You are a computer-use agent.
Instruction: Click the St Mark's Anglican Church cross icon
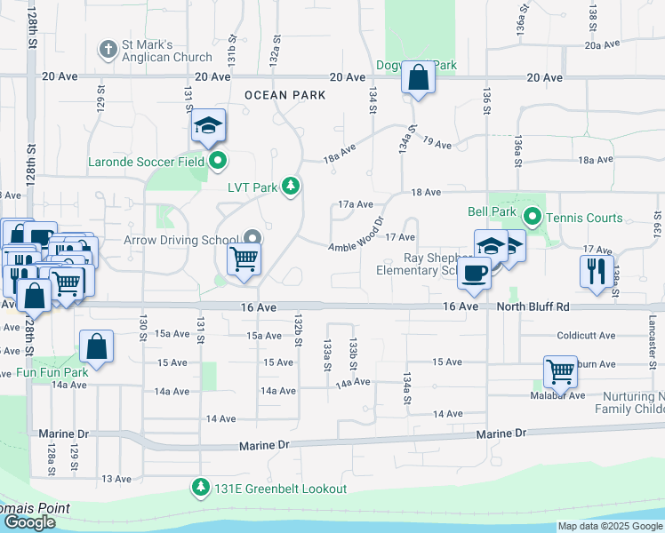point(107,48)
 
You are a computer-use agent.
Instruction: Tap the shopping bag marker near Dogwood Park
point(417,77)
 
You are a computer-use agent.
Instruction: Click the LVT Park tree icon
point(290,186)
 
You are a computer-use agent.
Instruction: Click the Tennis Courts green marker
point(533,216)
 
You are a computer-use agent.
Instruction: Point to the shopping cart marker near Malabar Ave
point(560,372)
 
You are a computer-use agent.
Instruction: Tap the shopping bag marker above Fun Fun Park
point(96,347)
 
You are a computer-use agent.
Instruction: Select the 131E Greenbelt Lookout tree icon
point(202,488)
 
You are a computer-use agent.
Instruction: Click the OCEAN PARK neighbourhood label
point(284,95)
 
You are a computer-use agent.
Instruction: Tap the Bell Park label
point(492,212)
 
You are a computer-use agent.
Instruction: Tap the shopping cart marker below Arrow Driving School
point(244,261)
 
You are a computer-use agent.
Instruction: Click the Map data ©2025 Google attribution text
point(609,526)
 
